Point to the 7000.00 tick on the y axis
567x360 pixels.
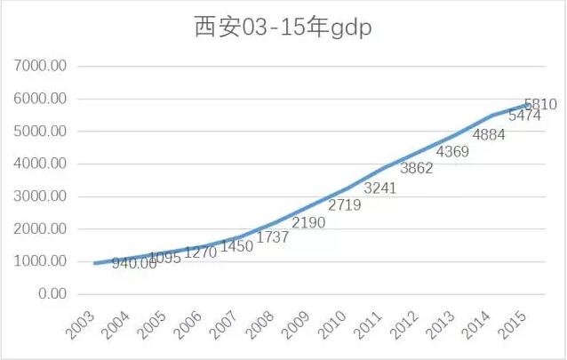point(43,66)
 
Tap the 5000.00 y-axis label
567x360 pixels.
point(43,132)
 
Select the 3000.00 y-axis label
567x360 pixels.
point(43,196)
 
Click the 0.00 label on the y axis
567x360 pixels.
point(52,294)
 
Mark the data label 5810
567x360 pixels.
point(540,104)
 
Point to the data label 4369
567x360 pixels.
point(451,152)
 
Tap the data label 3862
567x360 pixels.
point(417,169)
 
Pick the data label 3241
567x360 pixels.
point(381,188)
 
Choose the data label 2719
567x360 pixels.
point(346,205)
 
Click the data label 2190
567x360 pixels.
point(309,221)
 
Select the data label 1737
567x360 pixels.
point(274,236)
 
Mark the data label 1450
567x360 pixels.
point(236,246)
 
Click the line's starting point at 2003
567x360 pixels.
point(93,263)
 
